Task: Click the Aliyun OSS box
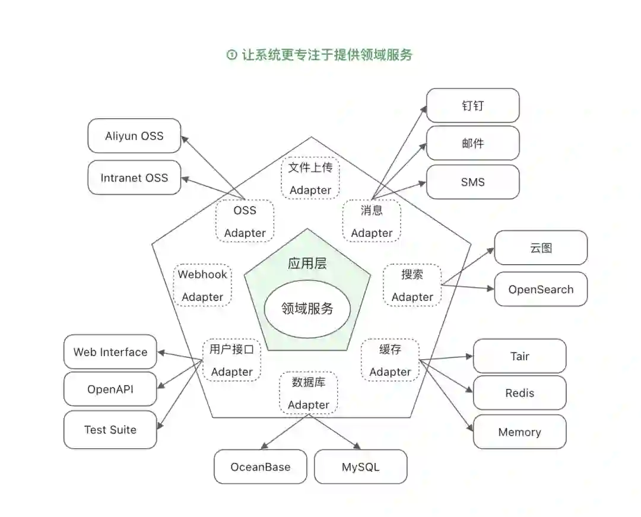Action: (x=134, y=136)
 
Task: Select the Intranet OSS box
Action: (x=134, y=177)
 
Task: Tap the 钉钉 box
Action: (x=472, y=106)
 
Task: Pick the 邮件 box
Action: (x=472, y=143)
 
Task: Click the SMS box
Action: (x=472, y=182)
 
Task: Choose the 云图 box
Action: (x=541, y=248)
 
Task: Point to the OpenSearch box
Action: (x=541, y=290)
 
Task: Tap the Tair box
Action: (x=519, y=356)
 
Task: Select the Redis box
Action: (x=519, y=393)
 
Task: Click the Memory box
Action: (x=519, y=432)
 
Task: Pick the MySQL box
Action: (x=360, y=467)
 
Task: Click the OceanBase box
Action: (x=261, y=467)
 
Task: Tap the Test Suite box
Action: (x=110, y=430)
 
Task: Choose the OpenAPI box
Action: (x=110, y=389)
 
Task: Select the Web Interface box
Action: (x=110, y=352)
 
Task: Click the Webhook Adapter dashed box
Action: (x=202, y=286)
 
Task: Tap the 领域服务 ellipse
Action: (x=307, y=309)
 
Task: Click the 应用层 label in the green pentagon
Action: (x=307, y=264)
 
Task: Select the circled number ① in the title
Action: (x=231, y=55)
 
